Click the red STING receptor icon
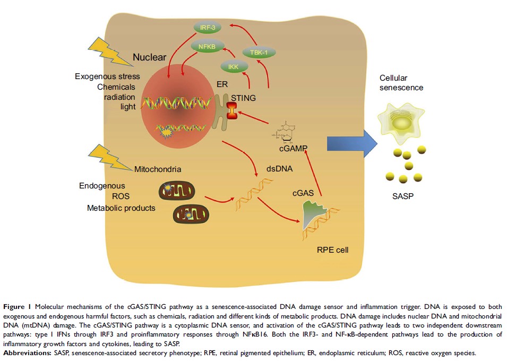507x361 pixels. (232, 111)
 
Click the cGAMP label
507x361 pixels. (286, 150)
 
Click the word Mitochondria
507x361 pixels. (158, 170)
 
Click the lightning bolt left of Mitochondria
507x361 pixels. (113, 157)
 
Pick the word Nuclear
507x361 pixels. (149, 57)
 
